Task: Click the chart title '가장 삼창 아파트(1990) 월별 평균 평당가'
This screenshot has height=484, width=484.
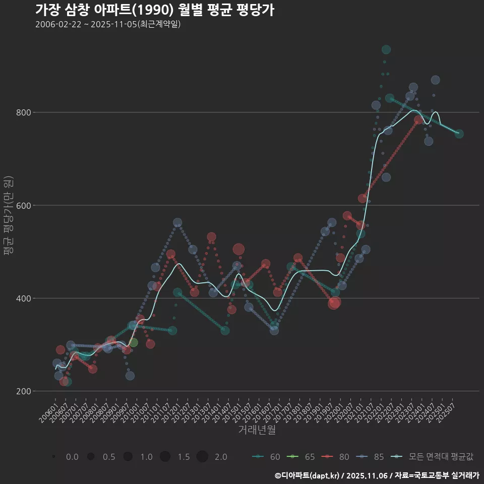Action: click(x=155, y=10)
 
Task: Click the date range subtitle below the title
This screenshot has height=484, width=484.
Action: click(x=108, y=24)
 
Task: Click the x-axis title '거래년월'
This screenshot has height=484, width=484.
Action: click(x=257, y=430)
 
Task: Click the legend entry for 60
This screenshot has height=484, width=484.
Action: click(x=267, y=457)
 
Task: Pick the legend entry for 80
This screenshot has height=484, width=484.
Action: click(x=336, y=457)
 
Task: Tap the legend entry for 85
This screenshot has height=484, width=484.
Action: click(x=371, y=457)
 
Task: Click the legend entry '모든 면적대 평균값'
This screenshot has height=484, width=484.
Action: click(x=434, y=457)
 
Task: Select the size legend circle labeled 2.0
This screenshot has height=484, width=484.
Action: click(x=202, y=457)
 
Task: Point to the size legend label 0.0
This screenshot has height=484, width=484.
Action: click(x=72, y=457)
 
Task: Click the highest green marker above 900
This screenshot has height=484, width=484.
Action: click(x=386, y=49)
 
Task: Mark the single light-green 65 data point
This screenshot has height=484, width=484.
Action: click(x=133, y=343)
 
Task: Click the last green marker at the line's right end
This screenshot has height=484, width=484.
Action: click(x=459, y=134)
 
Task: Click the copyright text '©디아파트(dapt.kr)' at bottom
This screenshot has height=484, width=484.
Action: click(x=308, y=475)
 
